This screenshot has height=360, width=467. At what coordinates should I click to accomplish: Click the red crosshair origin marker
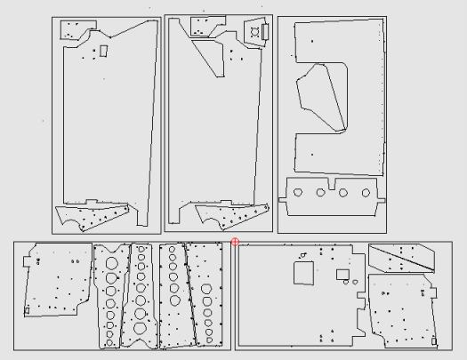click(236, 241)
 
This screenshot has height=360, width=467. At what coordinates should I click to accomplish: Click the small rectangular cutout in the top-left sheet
click(103, 51)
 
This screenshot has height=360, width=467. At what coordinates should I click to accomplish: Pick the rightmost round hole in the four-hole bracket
click(364, 192)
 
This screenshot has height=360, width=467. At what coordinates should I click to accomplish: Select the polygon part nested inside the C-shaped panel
click(319, 97)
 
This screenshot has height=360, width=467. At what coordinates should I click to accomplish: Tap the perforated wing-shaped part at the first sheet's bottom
click(93, 216)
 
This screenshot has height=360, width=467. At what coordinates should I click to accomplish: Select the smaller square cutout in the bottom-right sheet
click(342, 275)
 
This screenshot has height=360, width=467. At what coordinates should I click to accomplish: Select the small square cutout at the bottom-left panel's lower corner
click(27, 309)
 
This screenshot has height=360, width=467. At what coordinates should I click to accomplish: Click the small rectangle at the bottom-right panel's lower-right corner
click(433, 340)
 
